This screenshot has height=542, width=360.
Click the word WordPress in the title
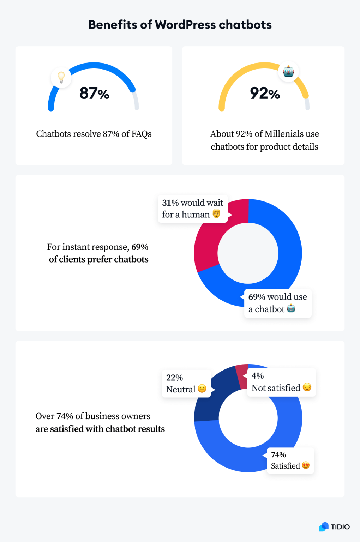click(x=185, y=25)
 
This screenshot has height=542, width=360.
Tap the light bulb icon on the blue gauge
click(x=61, y=77)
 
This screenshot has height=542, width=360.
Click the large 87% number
click(x=94, y=93)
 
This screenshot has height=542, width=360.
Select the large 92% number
click(x=265, y=93)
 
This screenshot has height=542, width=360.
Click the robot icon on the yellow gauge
click(x=288, y=72)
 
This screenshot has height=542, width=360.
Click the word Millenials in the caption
click(x=284, y=134)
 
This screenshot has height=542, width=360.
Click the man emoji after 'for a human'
click(x=216, y=214)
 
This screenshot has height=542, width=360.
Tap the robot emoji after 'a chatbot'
click(x=291, y=309)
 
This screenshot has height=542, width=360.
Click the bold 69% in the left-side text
click(x=140, y=247)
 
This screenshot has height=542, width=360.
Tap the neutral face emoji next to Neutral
click(x=202, y=389)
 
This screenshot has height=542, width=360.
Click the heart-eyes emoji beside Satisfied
click(x=306, y=465)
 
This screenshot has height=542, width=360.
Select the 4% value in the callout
click(x=258, y=376)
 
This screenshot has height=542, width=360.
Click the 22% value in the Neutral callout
click(x=174, y=378)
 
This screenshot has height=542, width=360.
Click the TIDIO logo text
click(x=340, y=527)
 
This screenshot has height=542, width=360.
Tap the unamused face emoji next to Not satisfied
click(x=307, y=387)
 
